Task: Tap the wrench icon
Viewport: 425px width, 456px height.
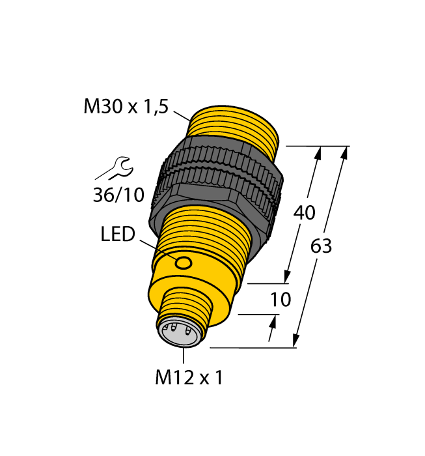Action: click(x=115, y=168)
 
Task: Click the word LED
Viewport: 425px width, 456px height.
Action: click(x=118, y=235)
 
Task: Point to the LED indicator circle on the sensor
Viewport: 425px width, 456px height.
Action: click(x=184, y=263)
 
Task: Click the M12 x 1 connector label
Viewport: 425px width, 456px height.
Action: click(x=189, y=378)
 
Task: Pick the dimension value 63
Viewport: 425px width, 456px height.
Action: click(x=322, y=246)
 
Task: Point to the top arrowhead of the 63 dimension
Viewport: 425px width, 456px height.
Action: click(x=344, y=152)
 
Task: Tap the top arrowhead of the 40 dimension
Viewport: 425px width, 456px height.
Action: click(x=318, y=153)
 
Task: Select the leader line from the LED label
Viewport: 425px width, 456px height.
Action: click(x=156, y=248)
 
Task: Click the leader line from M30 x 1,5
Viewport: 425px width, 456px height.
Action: click(x=181, y=115)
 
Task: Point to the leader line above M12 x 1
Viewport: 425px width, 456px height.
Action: click(x=184, y=356)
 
